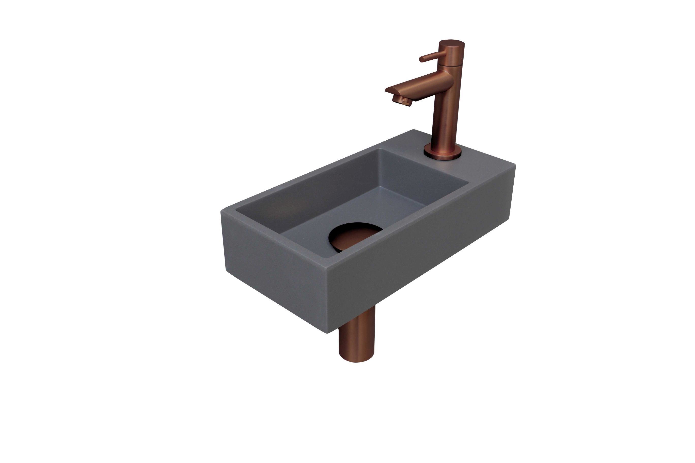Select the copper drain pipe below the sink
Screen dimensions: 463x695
pyautogui.click(x=356, y=340)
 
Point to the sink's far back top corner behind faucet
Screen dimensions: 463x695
pyautogui.click(x=414, y=130)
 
